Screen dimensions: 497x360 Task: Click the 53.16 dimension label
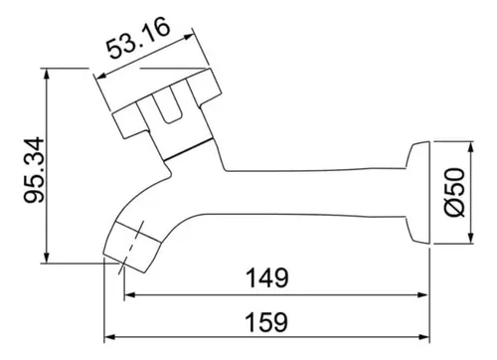[x=138, y=39]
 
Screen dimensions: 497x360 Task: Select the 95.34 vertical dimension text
[x=34, y=170]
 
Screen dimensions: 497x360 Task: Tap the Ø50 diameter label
[x=454, y=192]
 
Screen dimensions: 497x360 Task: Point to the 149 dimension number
[x=267, y=277]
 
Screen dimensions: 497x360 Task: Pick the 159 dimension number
[x=266, y=322]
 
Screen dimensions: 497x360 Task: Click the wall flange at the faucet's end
[x=418, y=193]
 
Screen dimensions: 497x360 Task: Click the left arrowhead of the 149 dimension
[x=130, y=294]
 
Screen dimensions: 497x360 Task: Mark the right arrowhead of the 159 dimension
[x=423, y=337]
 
